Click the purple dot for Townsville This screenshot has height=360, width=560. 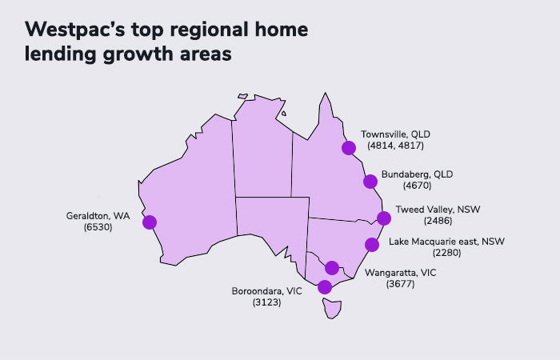click(x=348, y=147)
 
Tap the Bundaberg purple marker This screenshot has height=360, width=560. click(x=370, y=182)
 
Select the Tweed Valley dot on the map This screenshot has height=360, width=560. click(x=384, y=218)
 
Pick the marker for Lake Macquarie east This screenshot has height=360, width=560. click(x=371, y=245)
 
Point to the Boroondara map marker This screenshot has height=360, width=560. click(x=324, y=286)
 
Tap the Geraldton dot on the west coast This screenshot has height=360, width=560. click(x=150, y=222)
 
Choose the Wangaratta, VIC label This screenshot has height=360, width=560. click(x=401, y=273)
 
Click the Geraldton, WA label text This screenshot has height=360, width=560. click(x=99, y=215)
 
